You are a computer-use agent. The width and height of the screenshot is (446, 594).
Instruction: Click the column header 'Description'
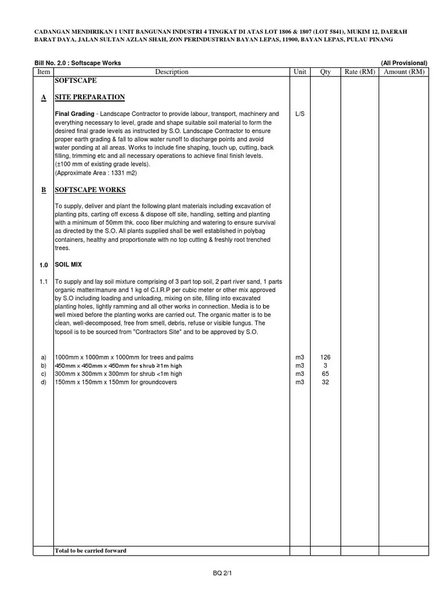pos(171,72)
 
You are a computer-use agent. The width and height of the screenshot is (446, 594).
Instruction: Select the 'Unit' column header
pos(300,72)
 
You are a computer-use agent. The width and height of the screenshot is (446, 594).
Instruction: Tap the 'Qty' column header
pos(325,72)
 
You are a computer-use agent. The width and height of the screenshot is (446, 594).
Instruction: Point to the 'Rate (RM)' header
pos(360,72)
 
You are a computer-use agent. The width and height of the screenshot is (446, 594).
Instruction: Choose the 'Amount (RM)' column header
pos(404,72)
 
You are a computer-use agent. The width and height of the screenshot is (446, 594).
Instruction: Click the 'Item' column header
pos(44,72)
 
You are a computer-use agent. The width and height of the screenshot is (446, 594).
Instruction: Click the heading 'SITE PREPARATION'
pos(89,97)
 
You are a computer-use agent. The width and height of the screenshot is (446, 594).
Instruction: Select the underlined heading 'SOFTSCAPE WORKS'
pos(90,190)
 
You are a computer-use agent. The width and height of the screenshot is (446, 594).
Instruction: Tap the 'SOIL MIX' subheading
pos(68,265)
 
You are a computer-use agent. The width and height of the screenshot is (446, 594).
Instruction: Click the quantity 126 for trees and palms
pos(325,357)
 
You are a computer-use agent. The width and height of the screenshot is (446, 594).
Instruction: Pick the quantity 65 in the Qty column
pos(325,374)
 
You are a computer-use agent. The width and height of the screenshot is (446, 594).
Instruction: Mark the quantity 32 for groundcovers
pos(325,382)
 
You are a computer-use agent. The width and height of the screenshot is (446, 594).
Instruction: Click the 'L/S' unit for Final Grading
pos(300,114)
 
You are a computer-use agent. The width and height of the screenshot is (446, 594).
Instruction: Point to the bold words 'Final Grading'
pos(74,114)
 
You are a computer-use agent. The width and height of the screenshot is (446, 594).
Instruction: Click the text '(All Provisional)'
pos(404,63)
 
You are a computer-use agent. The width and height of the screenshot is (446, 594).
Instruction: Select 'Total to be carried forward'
pos(90,550)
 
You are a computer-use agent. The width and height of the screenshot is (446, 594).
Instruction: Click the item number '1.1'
pos(44,281)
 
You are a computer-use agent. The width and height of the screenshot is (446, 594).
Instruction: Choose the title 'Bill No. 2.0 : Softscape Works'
pos(78,63)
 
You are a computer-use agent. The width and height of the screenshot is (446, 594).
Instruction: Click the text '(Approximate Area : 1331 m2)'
pos(96,173)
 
